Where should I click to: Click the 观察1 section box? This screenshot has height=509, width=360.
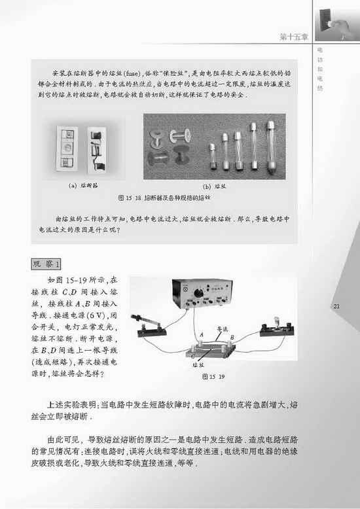coord(48,264)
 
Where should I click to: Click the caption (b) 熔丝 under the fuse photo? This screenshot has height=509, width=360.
coord(214,185)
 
